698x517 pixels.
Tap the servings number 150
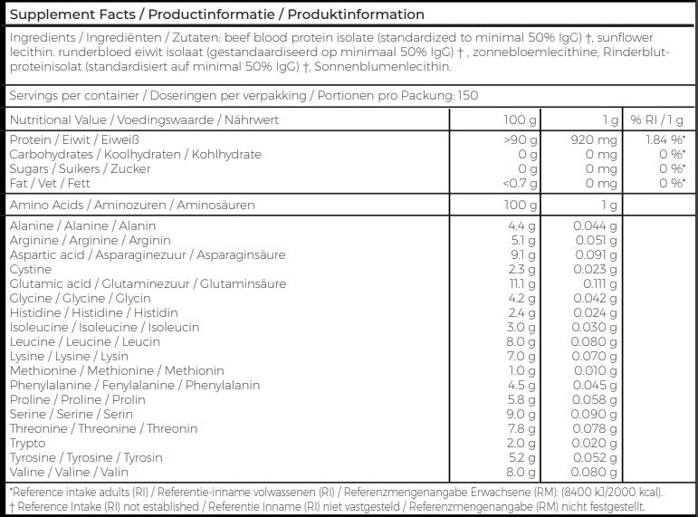(x=467, y=96)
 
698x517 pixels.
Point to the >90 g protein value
(x=520, y=139)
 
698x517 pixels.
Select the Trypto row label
(x=26, y=443)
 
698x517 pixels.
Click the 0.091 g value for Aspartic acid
(x=596, y=254)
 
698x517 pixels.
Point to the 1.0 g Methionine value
(x=524, y=370)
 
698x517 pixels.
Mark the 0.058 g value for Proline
(x=596, y=399)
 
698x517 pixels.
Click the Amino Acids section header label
(x=132, y=206)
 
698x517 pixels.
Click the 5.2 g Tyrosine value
(x=524, y=457)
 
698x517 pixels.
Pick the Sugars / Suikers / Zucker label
(x=80, y=168)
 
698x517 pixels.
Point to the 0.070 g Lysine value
(x=596, y=356)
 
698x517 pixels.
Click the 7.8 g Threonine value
(x=524, y=428)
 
